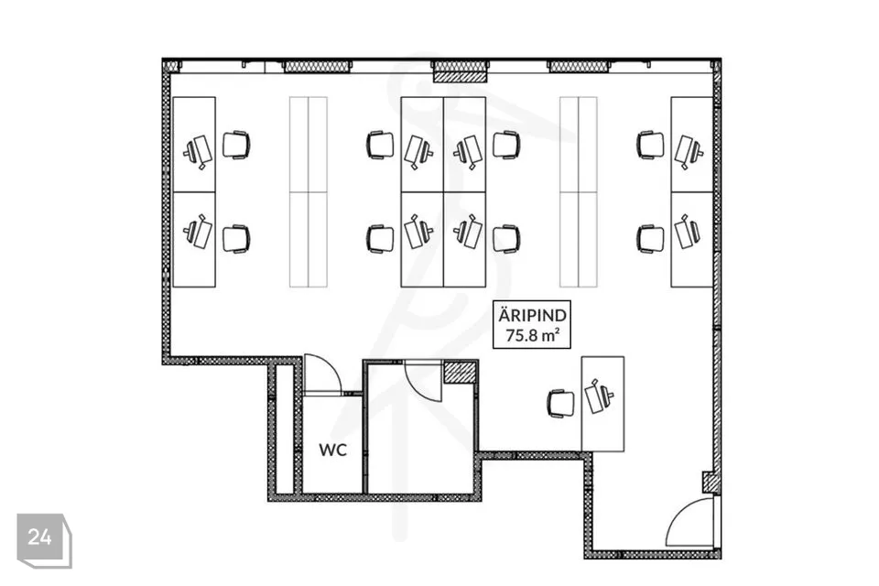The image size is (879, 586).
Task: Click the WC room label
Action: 333,450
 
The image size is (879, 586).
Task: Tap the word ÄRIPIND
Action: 532,315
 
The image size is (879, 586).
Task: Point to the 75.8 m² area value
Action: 532,335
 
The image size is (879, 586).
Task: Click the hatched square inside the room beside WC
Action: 460,373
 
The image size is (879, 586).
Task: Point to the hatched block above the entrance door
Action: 709,482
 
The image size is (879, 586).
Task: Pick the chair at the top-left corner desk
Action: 236,146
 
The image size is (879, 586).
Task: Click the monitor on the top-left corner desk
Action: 198,151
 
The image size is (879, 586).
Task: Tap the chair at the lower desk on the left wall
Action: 236,239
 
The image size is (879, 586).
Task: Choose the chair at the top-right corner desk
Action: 650,146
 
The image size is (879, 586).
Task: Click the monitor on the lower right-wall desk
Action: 688,231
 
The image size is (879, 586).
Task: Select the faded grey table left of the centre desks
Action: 309,191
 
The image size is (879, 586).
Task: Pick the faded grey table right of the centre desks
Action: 579,191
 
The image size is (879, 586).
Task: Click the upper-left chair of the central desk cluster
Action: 381,146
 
